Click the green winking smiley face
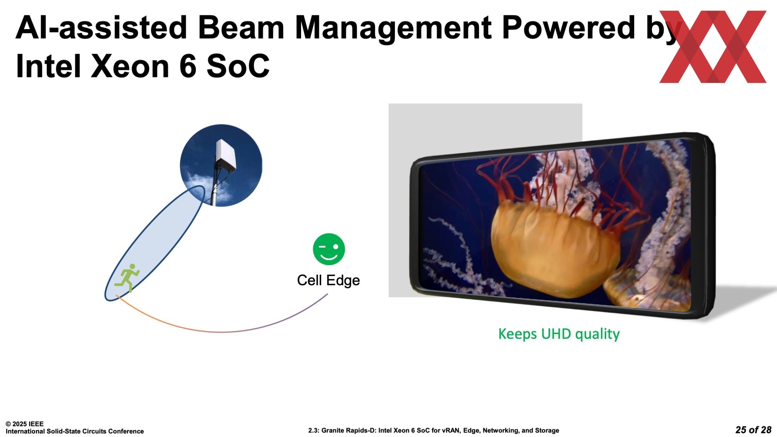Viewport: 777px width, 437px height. [x=329, y=249]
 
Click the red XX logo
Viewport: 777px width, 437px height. [x=713, y=47]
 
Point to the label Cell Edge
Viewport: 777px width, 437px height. [x=328, y=280]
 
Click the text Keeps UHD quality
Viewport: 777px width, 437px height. [x=559, y=334]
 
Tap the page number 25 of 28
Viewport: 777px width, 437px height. [x=753, y=430]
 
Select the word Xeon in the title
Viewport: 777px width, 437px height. [x=130, y=66]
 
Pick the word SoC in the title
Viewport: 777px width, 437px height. [x=238, y=66]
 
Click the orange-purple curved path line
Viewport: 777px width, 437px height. [x=222, y=332]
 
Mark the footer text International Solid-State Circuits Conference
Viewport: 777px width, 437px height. [x=75, y=431]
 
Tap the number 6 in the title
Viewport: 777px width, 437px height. [x=188, y=66]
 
